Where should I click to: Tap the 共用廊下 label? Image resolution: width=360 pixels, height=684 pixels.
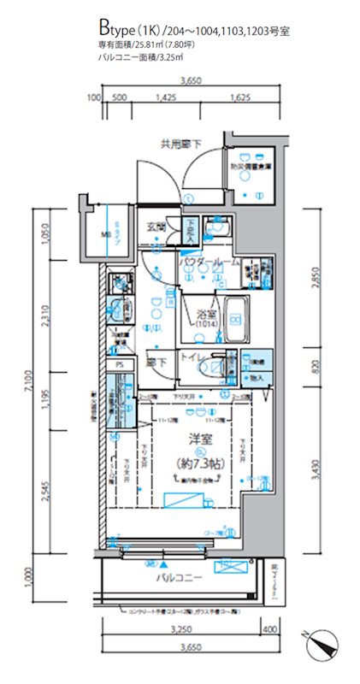[x=179, y=144]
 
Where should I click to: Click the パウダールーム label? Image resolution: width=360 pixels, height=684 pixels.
[x=210, y=262]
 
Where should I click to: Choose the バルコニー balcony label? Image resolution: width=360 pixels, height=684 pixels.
[x=179, y=578]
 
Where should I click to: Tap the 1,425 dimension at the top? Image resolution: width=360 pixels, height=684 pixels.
[x=167, y=98]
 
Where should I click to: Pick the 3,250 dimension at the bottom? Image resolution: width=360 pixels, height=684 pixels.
[x=180, y=628]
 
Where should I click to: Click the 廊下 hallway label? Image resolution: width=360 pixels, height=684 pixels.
[x=156, y=362]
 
